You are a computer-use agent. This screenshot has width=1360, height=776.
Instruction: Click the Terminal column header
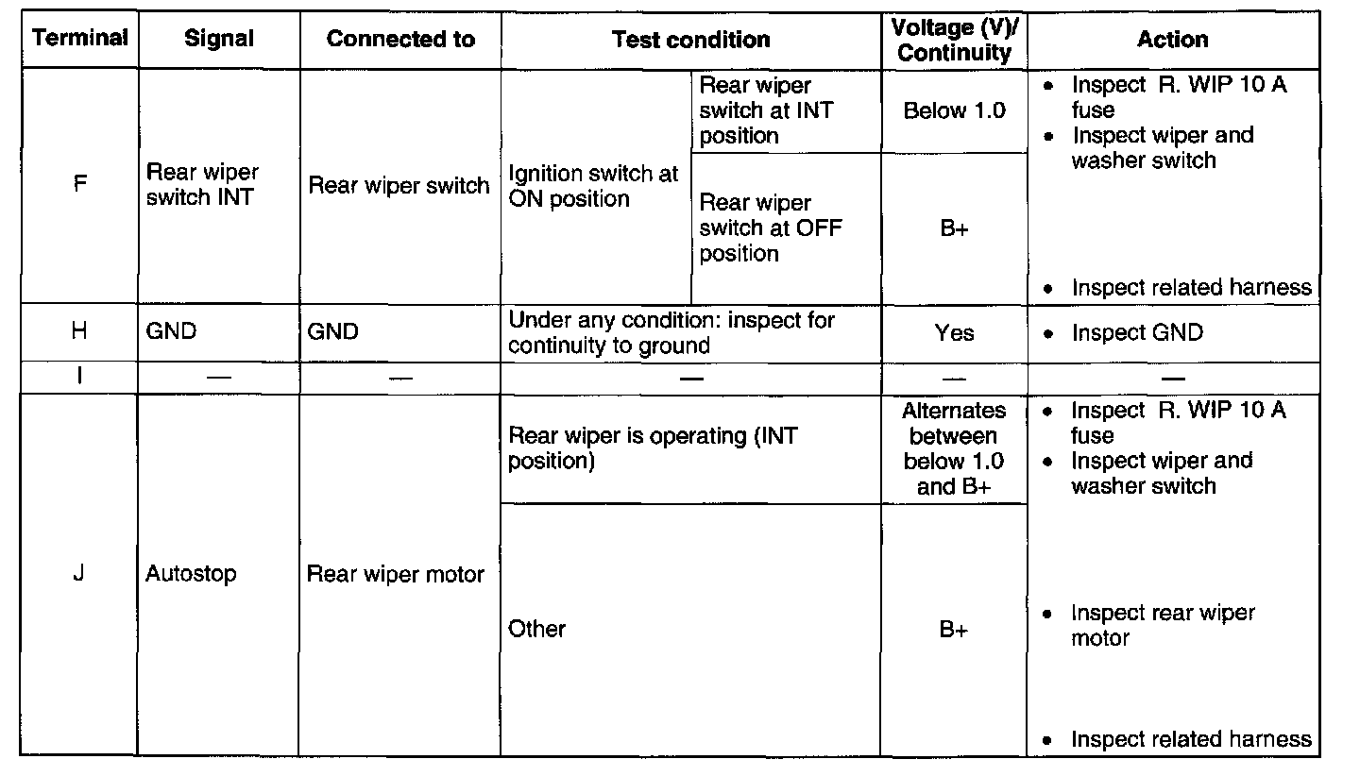(79, 39)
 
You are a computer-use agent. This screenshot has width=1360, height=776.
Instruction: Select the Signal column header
(219, 40)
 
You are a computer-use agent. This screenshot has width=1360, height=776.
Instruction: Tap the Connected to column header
(400, 40)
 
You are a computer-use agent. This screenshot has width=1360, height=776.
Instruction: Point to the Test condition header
(690, 40)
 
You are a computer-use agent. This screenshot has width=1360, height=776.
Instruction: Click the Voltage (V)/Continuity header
(953, 41)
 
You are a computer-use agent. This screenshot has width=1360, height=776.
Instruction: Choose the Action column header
(1172, 40)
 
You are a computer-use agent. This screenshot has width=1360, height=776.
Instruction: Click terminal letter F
(79, 184)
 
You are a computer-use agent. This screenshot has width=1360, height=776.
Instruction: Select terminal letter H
(79, 332)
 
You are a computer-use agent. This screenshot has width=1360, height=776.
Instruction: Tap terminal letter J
(79, 574)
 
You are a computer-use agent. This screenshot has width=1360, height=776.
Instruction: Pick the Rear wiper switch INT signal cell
(202, 185)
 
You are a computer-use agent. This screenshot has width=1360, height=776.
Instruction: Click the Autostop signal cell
(191, 574)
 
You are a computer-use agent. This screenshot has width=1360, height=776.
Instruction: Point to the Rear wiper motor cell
(396, 574)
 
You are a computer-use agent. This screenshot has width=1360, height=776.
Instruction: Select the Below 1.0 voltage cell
(954, 110)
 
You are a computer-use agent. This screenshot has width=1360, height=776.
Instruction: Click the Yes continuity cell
(954, 332)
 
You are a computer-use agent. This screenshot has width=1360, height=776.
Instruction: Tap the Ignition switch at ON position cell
(593, 186)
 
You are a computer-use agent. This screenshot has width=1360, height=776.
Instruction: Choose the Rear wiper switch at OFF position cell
(771, 228)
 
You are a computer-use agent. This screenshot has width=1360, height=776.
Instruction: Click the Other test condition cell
(536, 629)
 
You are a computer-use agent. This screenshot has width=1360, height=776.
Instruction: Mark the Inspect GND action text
(1137, 332)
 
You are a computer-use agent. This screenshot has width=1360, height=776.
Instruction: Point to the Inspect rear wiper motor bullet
(1162, 625)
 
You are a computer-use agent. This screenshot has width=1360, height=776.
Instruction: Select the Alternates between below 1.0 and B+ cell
(954, 448)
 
